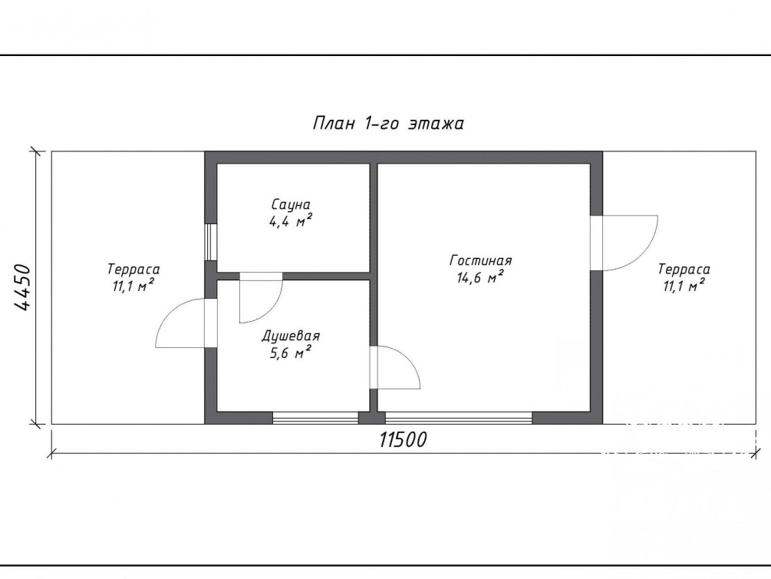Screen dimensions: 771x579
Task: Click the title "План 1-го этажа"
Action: pos(388,123)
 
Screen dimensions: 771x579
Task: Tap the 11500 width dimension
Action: pos(403,440)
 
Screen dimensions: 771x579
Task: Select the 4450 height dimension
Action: pos(22,287)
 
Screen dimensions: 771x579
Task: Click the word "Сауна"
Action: pos(291,204)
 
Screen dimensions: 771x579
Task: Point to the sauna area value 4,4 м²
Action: pos(291,220)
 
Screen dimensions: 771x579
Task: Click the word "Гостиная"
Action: pos(481,260)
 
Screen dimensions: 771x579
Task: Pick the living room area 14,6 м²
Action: pos(480,277)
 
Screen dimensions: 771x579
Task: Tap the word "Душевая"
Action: pos(291,336)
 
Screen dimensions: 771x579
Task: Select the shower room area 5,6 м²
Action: pos(291,352)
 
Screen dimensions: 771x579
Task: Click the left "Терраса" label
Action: pos(133,270)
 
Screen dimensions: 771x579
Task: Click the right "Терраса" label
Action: pos(684,270)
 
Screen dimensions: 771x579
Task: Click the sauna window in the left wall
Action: pos(211,242)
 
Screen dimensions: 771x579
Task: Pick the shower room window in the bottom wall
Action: pos(315,418)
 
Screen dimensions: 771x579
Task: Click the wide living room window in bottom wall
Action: pos(459,418)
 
